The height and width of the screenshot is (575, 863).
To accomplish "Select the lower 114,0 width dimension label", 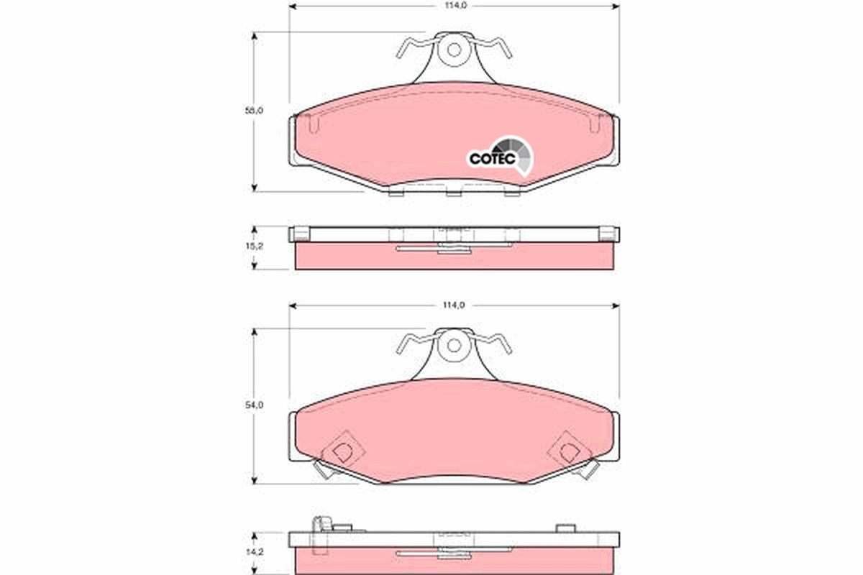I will pyautogui.click(x=453, y=305).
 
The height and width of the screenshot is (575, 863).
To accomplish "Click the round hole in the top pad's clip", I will pyautogui.click(x=453, y=50).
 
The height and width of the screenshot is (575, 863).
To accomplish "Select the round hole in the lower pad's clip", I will pyautogui.click(x=453, y=345).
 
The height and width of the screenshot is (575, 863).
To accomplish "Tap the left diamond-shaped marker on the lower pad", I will pyautogui.click(x=343, y=451).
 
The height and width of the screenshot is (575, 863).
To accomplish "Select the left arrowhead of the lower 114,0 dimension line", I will pyautogui.click(x=292, y=305).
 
